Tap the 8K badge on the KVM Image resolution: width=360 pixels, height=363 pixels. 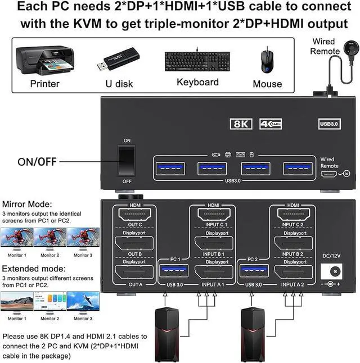(x=241, y=124)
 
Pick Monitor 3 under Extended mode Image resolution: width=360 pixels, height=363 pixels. (x=83, y=302)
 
